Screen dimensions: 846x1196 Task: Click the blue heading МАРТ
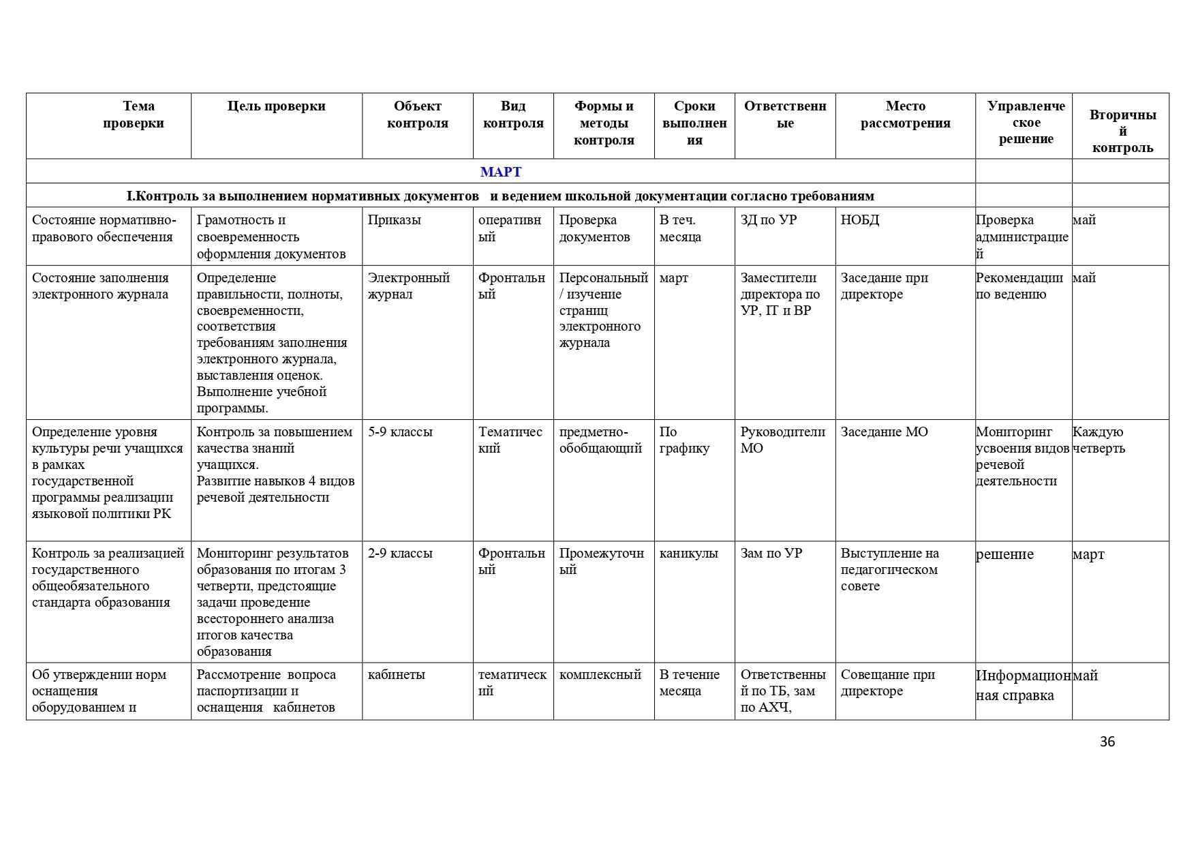[500, 172]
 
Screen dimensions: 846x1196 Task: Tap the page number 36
[1107, 742]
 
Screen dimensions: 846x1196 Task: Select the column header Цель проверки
[276, 106]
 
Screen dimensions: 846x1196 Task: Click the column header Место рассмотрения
[905, 115]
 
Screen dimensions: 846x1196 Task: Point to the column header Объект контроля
[417, 115]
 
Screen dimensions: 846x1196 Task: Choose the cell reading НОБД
[860, 220]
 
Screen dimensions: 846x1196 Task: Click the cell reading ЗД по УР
[768, 220]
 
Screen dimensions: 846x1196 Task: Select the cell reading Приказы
[394, 220]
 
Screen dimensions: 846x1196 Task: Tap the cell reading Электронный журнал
[408, 286]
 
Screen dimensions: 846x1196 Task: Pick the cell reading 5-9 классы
[400, 432]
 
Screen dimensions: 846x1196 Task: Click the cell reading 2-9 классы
[400, 554]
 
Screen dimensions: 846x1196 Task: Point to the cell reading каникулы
[688, 554]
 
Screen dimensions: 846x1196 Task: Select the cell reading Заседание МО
[884, 432]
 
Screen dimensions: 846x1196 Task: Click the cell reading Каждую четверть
[1099, 440]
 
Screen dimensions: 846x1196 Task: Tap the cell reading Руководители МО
[782, 440]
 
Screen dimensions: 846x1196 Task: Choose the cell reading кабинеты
[396, 675]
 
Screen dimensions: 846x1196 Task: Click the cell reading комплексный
[600, 675]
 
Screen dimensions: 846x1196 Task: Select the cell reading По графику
[684, 440]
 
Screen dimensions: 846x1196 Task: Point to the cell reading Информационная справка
[1023, 685]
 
